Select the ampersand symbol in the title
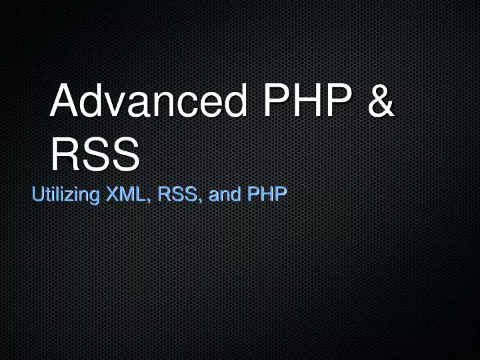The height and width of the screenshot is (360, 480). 381,101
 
